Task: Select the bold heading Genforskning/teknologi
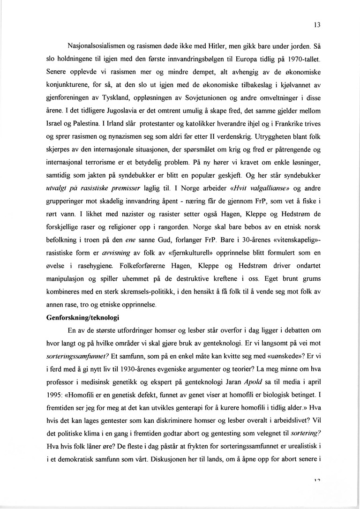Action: click(x=82, y=317)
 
